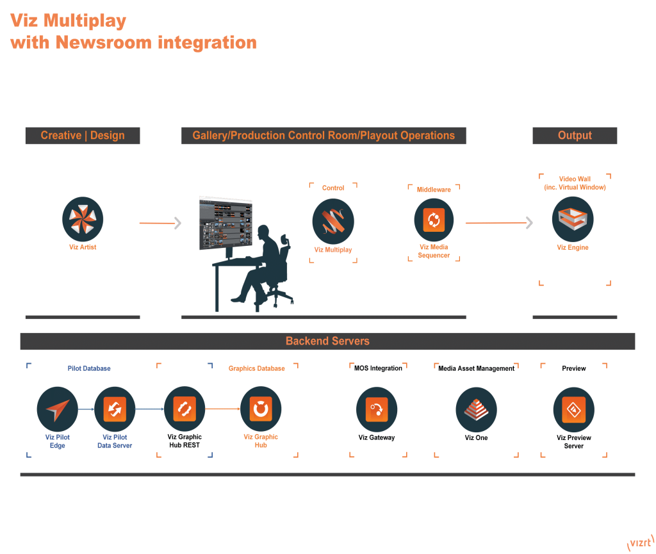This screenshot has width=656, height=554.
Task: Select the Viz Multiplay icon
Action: click(332, 221)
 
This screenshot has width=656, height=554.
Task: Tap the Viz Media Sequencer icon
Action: click(434, 220)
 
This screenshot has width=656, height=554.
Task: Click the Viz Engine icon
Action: click(572, 220)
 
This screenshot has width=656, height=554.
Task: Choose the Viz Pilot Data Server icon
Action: click(115, 409)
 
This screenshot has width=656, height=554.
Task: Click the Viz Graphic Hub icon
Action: click(261, 409)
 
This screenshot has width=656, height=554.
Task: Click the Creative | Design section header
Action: click(83, 136)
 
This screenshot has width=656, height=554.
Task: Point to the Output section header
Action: click(575, 136)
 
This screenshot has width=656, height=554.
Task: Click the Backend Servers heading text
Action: click(327, 341)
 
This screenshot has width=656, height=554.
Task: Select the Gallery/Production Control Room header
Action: click(324, 136)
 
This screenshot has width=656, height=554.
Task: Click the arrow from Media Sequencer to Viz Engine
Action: click(498, 223)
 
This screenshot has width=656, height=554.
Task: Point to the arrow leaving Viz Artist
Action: click(160, 223)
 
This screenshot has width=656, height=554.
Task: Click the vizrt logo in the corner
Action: click(639, 543)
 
